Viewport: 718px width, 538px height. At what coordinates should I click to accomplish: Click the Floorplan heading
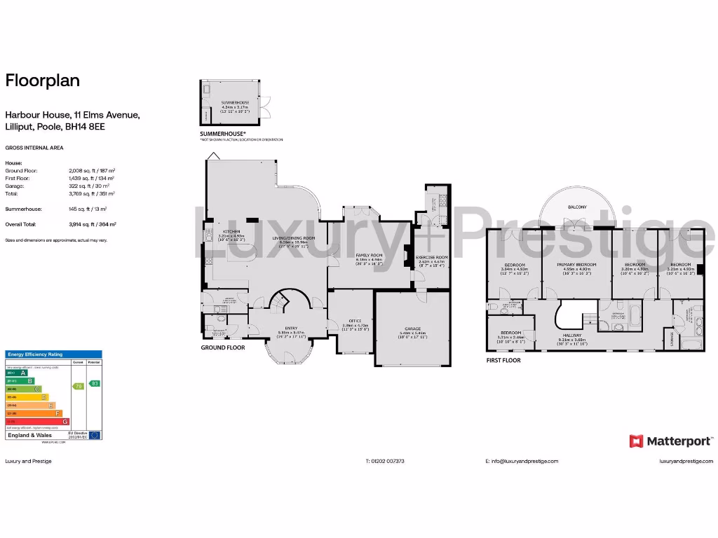click(x=43, y=81)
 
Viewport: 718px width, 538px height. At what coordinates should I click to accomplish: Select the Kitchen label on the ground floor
click(x=231, y=231)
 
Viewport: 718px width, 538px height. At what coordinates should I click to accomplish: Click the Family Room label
click(x=368, y=255)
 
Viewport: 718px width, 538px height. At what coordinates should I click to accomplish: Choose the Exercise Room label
click(x=433, y=257)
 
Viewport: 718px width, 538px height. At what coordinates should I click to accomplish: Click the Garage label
click(x=412, y=328)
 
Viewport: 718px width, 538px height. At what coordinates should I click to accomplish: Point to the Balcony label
click(x=578, y=207)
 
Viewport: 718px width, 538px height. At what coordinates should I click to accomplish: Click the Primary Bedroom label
click(x=576, y=265)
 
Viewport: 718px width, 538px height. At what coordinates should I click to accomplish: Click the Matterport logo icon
click(x=637, y=441)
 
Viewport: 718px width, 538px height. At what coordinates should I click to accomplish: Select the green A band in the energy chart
click(x=22, y=373)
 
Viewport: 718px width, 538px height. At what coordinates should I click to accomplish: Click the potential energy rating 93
click(x=95, y=383)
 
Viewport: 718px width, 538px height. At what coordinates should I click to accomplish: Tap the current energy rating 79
click(x=79, y=386)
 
